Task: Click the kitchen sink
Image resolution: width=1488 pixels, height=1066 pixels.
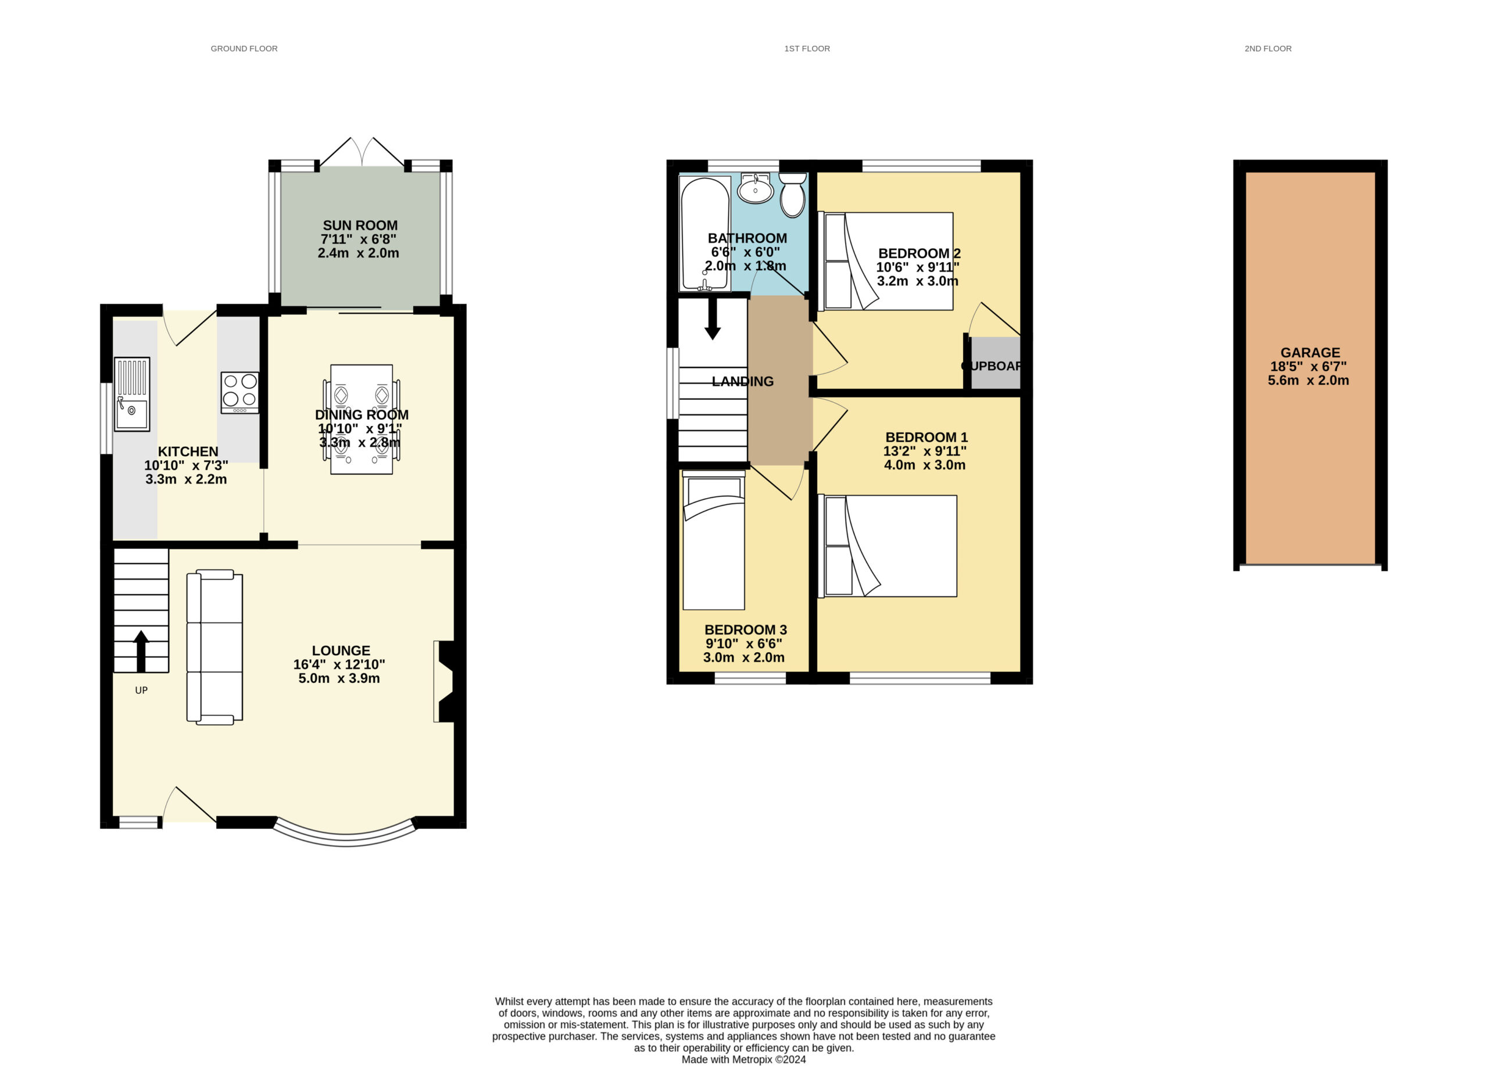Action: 132,394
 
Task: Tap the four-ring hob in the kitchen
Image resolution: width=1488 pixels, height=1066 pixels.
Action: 239,392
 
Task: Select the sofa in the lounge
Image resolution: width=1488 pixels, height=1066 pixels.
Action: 214,648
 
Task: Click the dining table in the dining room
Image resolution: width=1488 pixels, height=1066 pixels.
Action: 362,419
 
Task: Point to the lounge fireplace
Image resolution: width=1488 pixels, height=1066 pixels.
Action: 444,682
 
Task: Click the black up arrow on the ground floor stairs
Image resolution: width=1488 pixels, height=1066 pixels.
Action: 141,652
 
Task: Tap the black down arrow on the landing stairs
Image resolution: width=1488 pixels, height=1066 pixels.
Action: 713,320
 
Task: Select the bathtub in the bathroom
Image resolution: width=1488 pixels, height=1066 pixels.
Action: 705,234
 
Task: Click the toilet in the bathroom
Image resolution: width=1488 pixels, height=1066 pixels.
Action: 793,195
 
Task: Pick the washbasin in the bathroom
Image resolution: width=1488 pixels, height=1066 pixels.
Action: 755,188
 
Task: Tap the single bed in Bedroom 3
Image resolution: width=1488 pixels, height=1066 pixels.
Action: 714,540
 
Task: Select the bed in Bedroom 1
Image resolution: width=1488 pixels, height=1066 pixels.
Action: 887,546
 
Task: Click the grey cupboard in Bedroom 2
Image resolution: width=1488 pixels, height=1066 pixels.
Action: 995,363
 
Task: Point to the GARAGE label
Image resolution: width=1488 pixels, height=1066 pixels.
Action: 1310,352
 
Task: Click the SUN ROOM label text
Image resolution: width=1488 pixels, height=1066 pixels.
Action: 360,225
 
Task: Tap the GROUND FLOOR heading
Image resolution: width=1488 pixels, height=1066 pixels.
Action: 244,49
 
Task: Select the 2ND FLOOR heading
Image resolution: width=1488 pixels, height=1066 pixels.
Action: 1268,49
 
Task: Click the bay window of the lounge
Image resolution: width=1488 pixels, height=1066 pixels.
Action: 346,837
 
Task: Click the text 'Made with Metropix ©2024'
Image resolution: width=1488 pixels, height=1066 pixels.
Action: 743,1060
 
